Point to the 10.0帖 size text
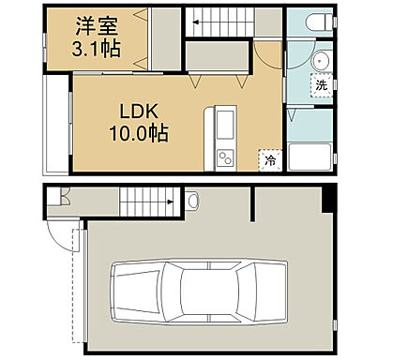(x=140, y=133)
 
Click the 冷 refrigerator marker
(x=269, y=160)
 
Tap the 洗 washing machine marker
(x=321, y=84)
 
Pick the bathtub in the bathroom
(x=311, y=157)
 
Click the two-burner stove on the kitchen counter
(x=225, y=157)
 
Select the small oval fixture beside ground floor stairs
(x=191, y=199)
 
